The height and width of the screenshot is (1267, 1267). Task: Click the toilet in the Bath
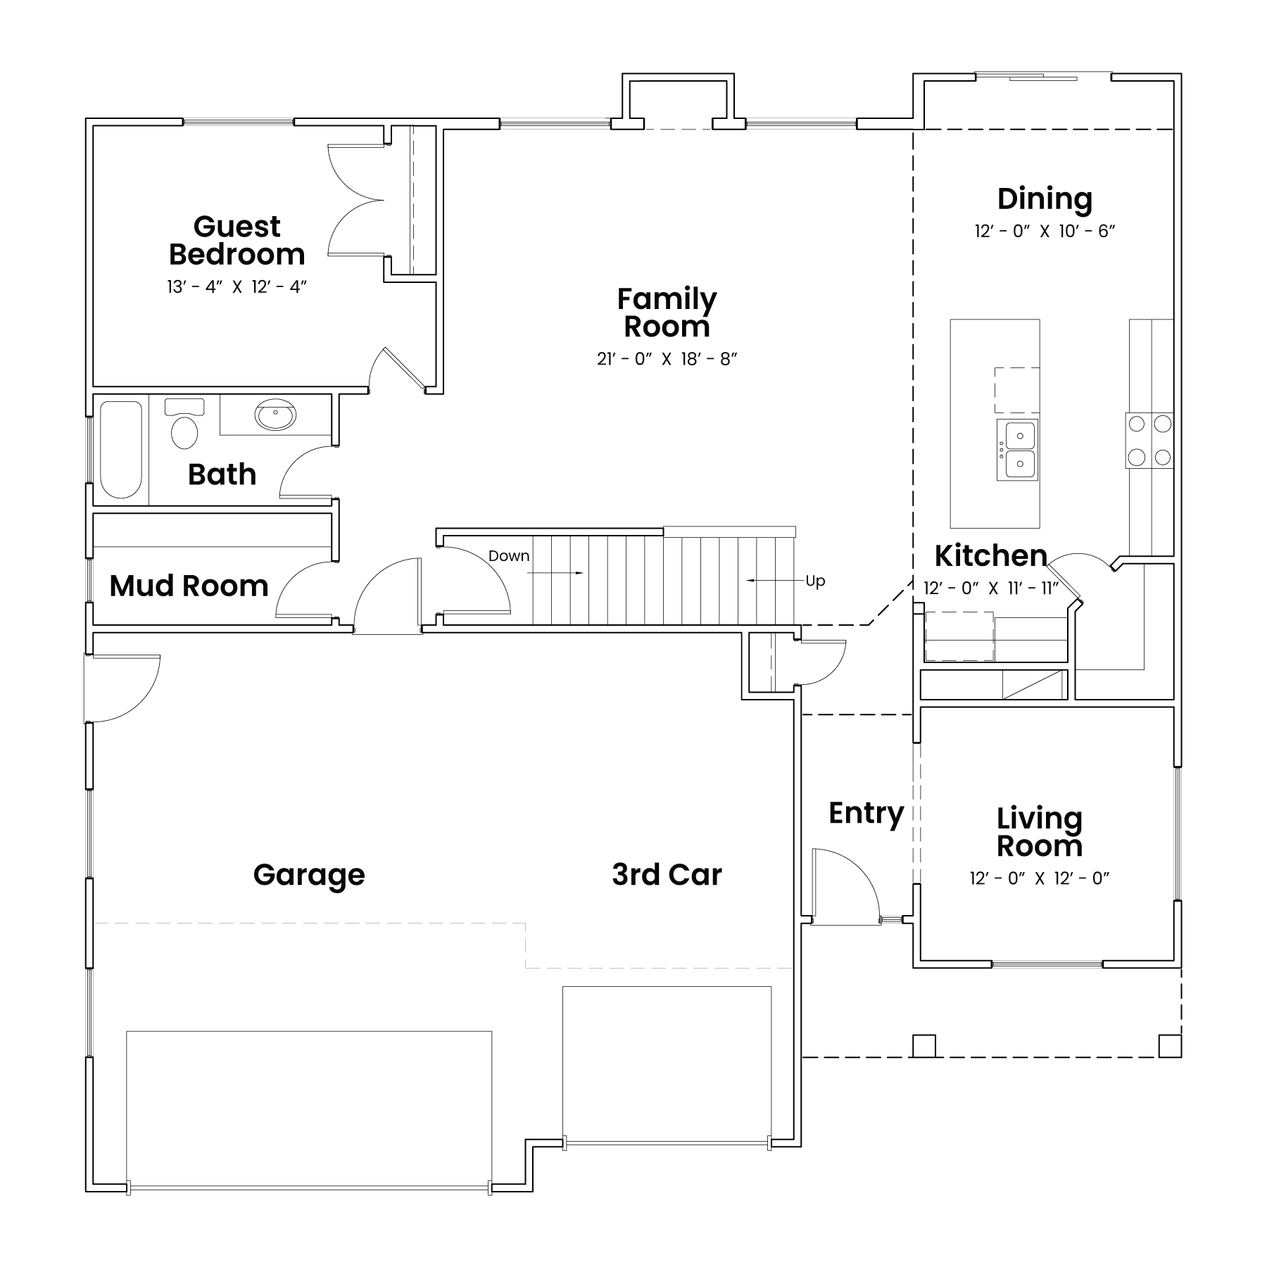point(184,424)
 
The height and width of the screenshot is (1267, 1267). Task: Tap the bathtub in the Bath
point(121,450)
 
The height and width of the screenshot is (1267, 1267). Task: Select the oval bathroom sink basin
point(275,415)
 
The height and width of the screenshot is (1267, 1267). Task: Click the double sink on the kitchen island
point(1017,450)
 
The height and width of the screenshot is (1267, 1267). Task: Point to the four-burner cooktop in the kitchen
point(1149,441)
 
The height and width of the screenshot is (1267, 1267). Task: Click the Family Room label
point(667,313)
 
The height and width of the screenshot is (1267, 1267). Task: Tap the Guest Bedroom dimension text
point(238,287)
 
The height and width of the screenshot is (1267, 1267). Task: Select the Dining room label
point(1045,199)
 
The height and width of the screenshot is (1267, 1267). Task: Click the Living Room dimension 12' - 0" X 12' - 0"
point(1039,878)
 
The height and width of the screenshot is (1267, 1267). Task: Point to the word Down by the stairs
point(509,556)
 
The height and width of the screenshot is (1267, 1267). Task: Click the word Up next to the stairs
point(815,581)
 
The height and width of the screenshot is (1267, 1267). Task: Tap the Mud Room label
point(189,586)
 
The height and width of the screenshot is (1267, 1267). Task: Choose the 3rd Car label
point(667,875)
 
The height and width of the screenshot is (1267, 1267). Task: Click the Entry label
point(866,814)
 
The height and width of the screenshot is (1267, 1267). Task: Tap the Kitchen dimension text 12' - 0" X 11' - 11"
point(991,588)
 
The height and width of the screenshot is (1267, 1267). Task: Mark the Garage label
point(309,876)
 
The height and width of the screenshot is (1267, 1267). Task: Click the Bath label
point(222,475)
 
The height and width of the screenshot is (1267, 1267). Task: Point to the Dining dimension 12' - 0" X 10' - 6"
point(1045,231)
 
